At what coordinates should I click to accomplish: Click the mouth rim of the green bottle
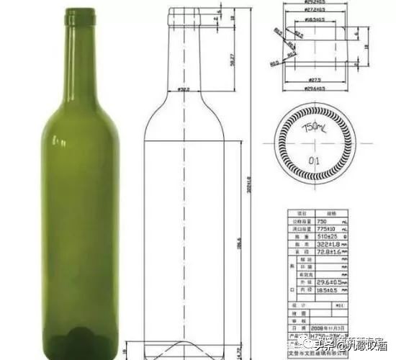pos(80,12)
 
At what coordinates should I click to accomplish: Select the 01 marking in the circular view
pos(314,159)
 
